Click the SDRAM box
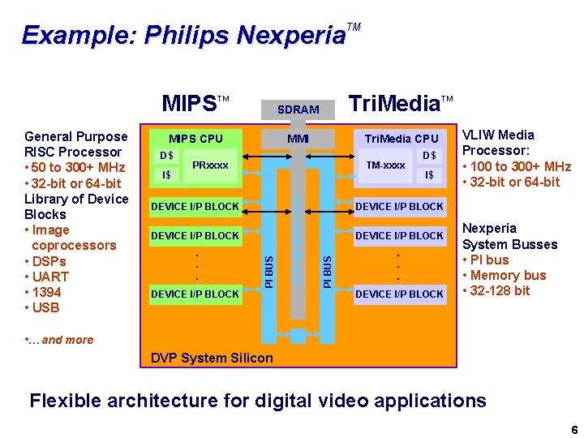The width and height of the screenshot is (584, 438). (x=298, y=109)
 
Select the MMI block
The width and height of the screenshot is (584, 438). (x=298, y=138)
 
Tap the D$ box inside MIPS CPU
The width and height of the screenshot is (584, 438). (x=166, y=155)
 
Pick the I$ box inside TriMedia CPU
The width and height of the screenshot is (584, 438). (x=429, y=174)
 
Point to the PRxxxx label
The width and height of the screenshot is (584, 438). (x=210, y=165)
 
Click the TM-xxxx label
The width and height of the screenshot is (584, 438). (x=386, y=165)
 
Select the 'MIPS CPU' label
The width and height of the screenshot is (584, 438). (x=195, y=138)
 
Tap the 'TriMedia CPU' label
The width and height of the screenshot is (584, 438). (x=401, y=138)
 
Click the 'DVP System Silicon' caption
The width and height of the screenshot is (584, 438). (x=213, y=358)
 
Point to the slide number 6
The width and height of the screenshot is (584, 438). (x=573, y=429)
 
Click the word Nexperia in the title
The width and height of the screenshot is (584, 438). (x=290, y=36)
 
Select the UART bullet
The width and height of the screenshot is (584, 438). (x=50, y=277)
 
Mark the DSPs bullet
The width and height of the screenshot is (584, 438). (x=49, y=261)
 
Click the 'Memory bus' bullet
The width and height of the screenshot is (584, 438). (x=508, y=275)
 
